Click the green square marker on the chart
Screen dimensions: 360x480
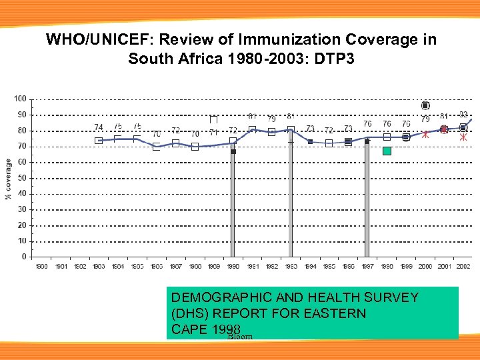(387, 151)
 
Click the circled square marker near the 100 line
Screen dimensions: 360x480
(425, 105)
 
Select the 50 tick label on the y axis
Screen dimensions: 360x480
(21, 178)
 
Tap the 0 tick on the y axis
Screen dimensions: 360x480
(23, 257)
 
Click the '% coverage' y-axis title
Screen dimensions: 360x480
(8, 179)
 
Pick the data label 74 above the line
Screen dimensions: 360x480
(99, 127)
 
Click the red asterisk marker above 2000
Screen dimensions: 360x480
(425, 134)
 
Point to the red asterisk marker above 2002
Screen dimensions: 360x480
(463, 137)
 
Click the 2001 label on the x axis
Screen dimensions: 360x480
(444, 267)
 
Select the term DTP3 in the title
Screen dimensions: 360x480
(333, 59)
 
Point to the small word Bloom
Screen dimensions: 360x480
(240, 337)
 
